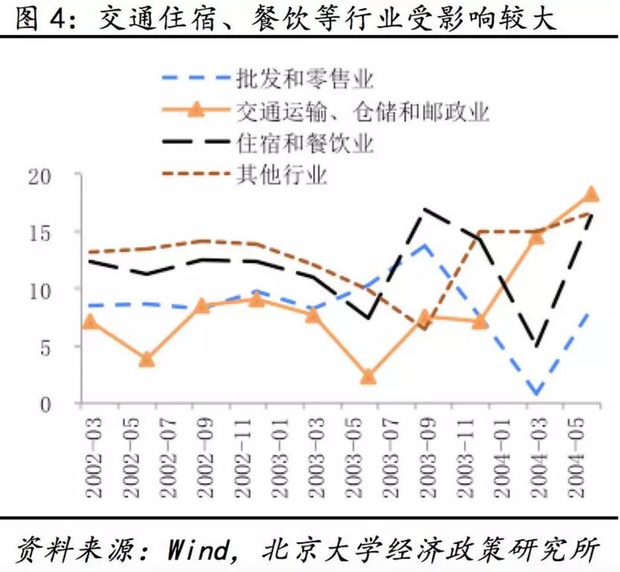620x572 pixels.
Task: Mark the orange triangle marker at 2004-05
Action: pos(591,194)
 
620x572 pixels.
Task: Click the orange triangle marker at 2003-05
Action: pos(368,377)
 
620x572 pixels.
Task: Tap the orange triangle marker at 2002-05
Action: pos(146,359)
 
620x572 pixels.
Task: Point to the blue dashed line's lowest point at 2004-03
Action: pos(535,394)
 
